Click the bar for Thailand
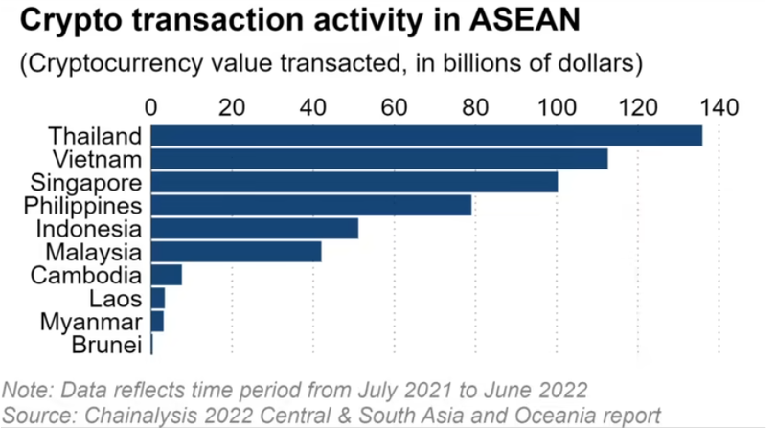tap(426, 136)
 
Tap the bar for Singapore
tap(354, 182)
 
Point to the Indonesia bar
tap(255, 228)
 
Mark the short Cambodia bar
tap(167, 275)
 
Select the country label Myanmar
tap(94, 321)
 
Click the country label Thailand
tap(95, 136)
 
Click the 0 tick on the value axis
tap(151, 105)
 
